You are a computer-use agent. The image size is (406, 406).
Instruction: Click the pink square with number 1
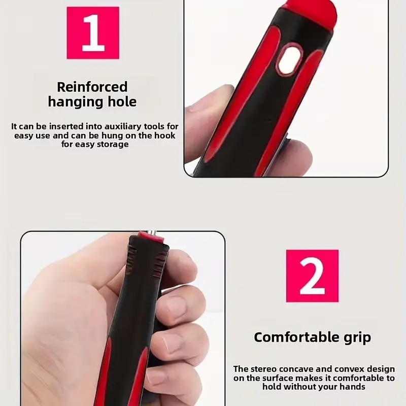click(x=93, y=33)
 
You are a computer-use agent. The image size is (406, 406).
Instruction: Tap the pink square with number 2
click(x=312, y=276)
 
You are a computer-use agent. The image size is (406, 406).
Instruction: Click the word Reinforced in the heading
click(x=92, y=87)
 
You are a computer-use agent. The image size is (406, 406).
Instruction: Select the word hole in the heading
click(x=122, y=101)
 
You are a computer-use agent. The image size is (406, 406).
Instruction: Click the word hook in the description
click(x=165, y=136)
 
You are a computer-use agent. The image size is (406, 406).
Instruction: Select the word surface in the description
click(x=278, y=378)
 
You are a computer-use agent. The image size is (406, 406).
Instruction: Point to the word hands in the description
click(x=352, y=387)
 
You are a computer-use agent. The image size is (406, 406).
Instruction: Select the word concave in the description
click(x=296, y=369)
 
